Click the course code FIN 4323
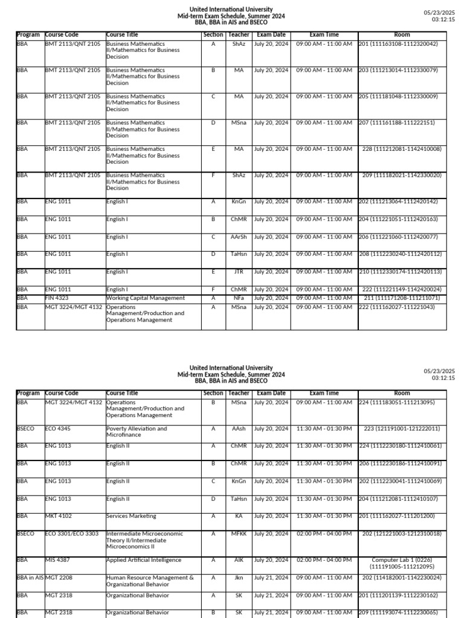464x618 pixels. pos(58,298)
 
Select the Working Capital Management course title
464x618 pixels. pos(145,298)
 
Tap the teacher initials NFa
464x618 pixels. pos(239,298)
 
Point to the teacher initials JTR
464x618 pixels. pos(239,272)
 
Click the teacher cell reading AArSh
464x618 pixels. pos(239,237)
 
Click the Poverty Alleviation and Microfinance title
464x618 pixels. pos(137,432)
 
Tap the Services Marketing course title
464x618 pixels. pos(131,516)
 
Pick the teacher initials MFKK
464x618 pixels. pos(239,534)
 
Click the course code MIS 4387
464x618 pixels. pos(58,560)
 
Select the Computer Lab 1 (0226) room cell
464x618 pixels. pos(402,564)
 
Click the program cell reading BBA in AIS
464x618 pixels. pos(30,578)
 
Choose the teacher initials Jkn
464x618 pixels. pos(239,578)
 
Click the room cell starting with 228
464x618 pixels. pos(402,149)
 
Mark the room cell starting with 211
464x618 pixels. pos(402,298)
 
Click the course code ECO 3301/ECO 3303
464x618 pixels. pos(72,534)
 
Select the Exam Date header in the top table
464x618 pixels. pos(271,35)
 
